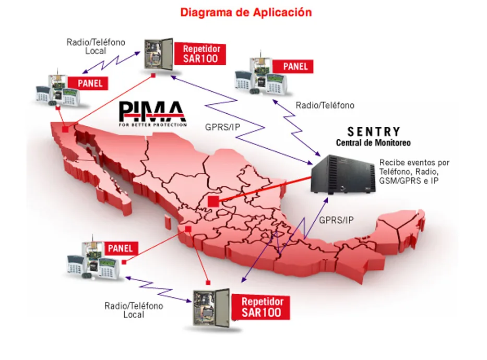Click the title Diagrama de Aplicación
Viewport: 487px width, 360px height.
[246, 13]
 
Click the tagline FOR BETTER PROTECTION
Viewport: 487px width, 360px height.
[152, 125]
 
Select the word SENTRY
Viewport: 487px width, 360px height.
[374, 131]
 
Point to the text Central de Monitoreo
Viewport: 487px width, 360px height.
[373, 143]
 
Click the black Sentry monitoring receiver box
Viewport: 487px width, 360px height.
[343, 175]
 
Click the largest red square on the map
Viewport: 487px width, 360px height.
[213, 202]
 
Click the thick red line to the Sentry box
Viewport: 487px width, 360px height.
[265, 189]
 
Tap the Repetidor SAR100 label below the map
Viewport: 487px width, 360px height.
[262, 307]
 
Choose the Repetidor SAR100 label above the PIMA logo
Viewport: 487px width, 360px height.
[200, 54]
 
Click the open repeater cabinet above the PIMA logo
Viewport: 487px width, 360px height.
[158, 54]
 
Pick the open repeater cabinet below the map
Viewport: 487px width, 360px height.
[211, 308]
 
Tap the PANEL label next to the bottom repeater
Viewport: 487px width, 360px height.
[120, 248]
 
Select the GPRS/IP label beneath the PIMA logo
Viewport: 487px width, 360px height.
[222, 127]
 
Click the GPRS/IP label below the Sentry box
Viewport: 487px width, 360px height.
[336, 220]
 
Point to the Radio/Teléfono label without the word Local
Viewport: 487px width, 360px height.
[325, 105]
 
